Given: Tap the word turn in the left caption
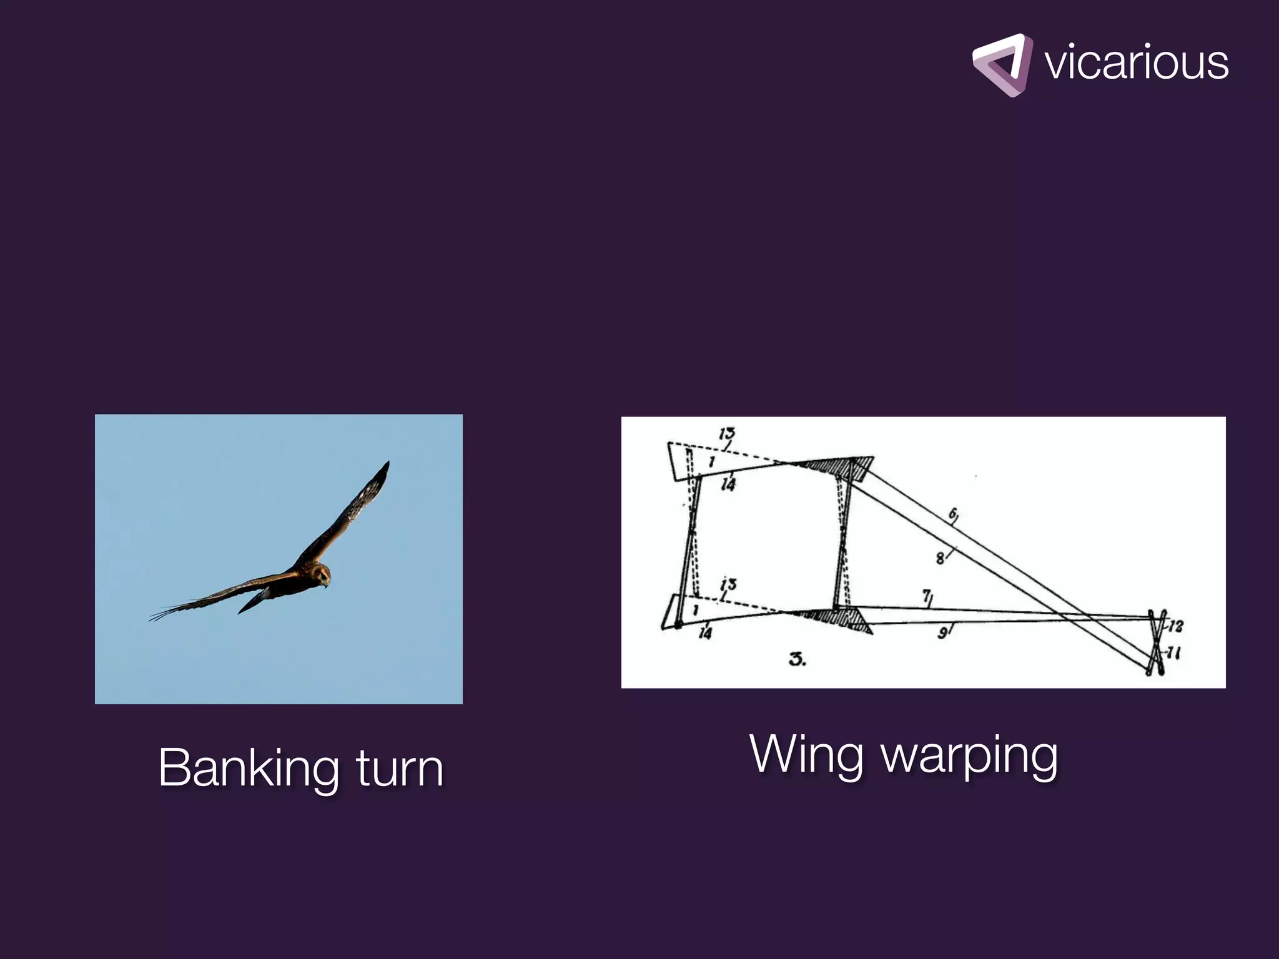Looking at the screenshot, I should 400,768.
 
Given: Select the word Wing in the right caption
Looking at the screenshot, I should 807,755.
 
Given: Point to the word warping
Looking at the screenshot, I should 969,757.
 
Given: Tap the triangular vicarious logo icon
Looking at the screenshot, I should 1002,65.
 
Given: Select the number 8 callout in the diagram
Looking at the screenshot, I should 941,558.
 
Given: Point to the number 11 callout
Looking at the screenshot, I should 1174,654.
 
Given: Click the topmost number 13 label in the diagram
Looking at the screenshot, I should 726,433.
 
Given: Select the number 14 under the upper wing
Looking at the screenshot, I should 728,483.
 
